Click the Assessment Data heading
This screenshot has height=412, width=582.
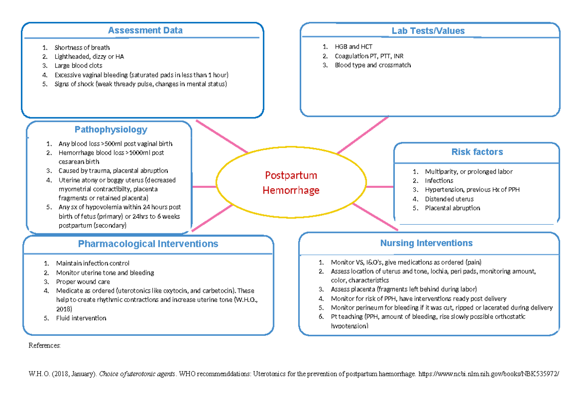click(x=145, y=30)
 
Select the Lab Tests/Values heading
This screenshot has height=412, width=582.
click(x=428, y=31)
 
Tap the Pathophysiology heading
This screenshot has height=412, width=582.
click(x=111, y=130)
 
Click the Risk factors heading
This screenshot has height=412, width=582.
click(x=477, y=152)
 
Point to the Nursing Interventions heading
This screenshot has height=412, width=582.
click(x=426, y=243)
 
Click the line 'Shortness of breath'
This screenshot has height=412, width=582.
click(x=82, y=48)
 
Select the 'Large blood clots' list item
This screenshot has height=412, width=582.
click(x=78, y=66)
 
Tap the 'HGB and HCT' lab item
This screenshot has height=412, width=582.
click(x=353, y=47)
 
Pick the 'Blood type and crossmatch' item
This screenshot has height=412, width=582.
click(x=372, y=65)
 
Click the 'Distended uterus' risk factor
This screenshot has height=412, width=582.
click(x=449, y=199)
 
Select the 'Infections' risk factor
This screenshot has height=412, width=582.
click(x=439, y=181)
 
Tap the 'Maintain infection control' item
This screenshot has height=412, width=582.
click(x=93, y=264)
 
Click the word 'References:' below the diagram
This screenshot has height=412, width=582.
click(x=45, y=346)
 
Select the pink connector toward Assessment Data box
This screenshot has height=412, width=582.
click(x=221, y=136)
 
